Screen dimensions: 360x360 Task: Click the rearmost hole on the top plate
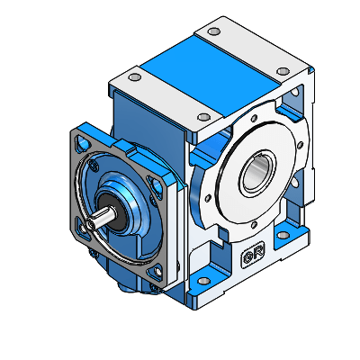pyautogui.click(x=212, y=31)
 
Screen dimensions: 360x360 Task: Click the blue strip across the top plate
pyautogui.click(x=209, y=70)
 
